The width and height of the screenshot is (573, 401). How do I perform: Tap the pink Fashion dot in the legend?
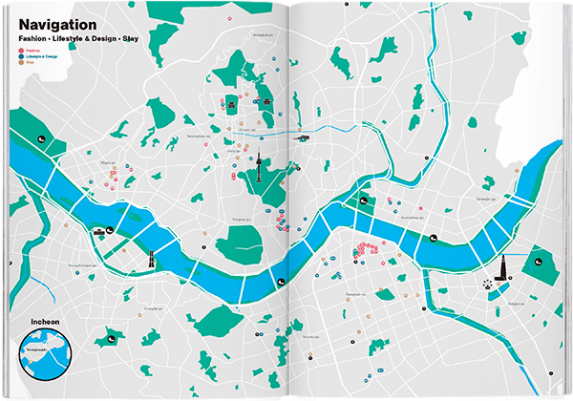[20, 50]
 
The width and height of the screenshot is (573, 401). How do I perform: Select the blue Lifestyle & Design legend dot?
[20, 56]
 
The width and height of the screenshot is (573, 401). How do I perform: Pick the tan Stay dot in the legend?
[20, 63]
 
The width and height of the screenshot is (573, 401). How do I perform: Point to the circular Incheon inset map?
[47, 357]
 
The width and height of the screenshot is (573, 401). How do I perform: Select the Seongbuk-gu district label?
[259, 35]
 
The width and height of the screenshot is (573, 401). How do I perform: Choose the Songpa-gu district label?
[517, 302]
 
